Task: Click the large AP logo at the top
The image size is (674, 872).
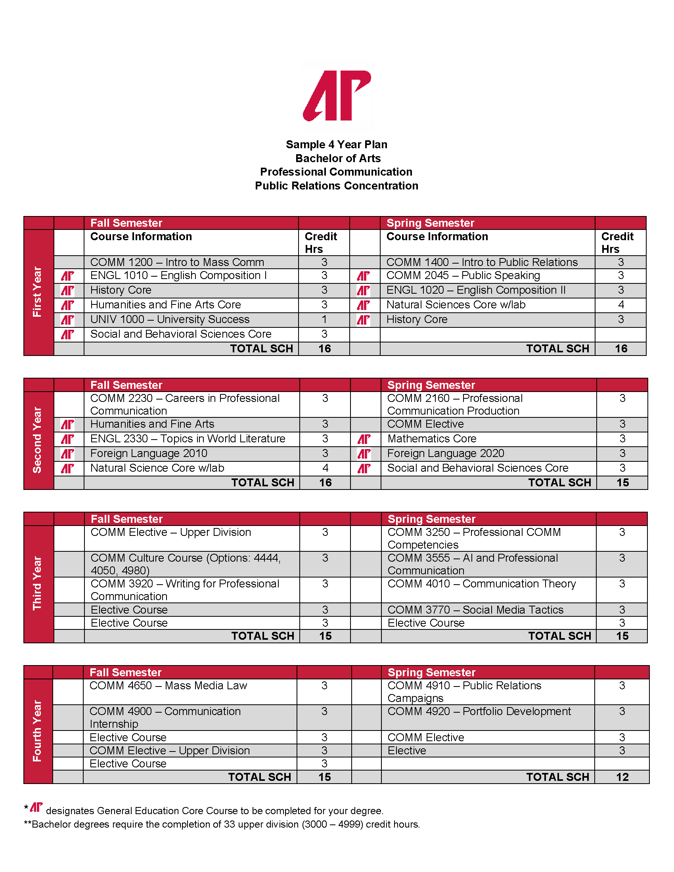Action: tap(337, 96)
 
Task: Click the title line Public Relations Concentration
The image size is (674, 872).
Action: tap(337, 185)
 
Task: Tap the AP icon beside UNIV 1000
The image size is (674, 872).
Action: tap(68, 320)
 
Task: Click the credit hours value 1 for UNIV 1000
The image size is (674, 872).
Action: tap(324, 319)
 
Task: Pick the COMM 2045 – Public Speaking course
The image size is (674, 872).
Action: tap(463, 275)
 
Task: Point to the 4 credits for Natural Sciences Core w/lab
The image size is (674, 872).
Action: tap(621, 305)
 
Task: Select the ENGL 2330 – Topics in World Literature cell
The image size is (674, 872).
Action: tap(188, 439)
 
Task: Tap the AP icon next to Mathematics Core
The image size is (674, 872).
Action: tap(364, 439)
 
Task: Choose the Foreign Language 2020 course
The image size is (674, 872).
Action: tap(446, 453)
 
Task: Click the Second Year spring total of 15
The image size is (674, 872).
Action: tap(622, 483)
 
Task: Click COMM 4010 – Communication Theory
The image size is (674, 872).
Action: tap(482, 584)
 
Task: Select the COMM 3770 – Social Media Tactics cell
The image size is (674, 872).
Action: tap(475, 610)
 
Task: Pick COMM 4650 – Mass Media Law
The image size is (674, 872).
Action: tap(168, 686)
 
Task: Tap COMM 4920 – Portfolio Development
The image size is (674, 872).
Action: tap(479, 711)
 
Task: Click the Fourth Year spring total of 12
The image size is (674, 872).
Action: tap(622, 777)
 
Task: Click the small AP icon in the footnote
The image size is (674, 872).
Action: tap(36, 807)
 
